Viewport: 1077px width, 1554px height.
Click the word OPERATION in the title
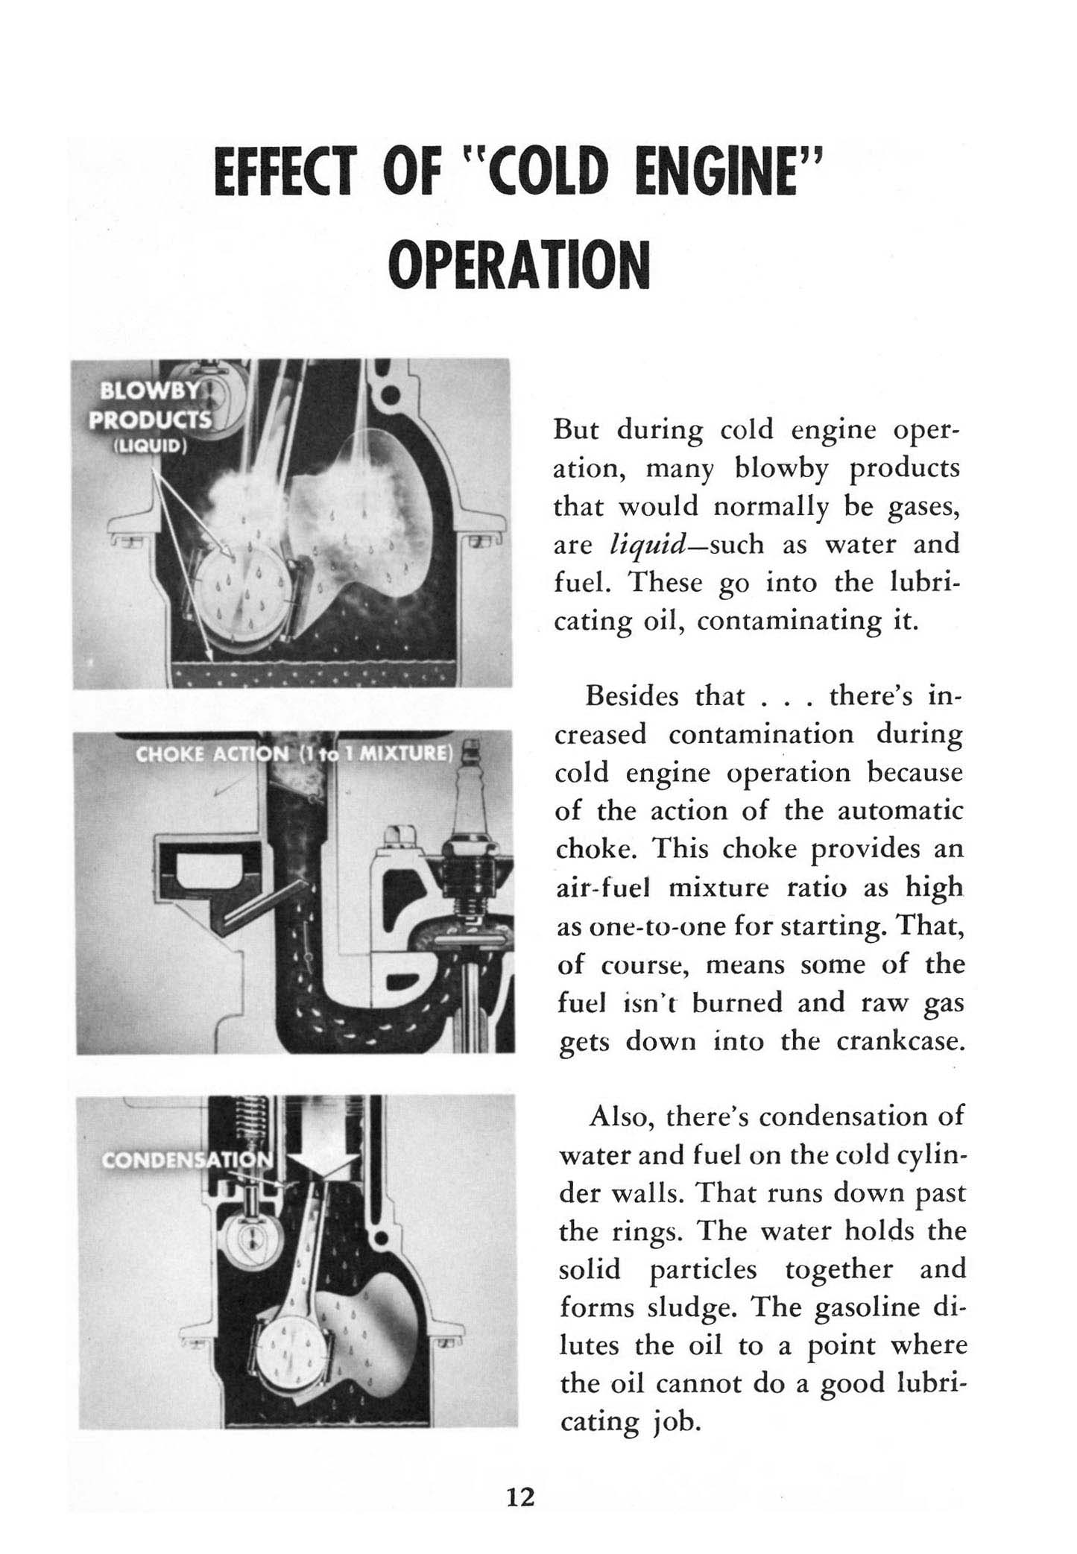519,265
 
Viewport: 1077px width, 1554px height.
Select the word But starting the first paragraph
579,430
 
